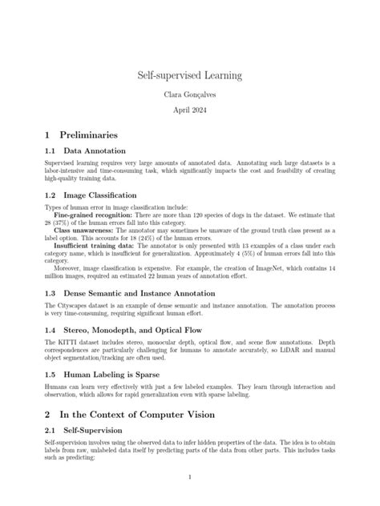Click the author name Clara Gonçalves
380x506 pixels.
point(190,94)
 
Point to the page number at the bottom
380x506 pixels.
point(190,477)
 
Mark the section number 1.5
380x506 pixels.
point(51,374)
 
